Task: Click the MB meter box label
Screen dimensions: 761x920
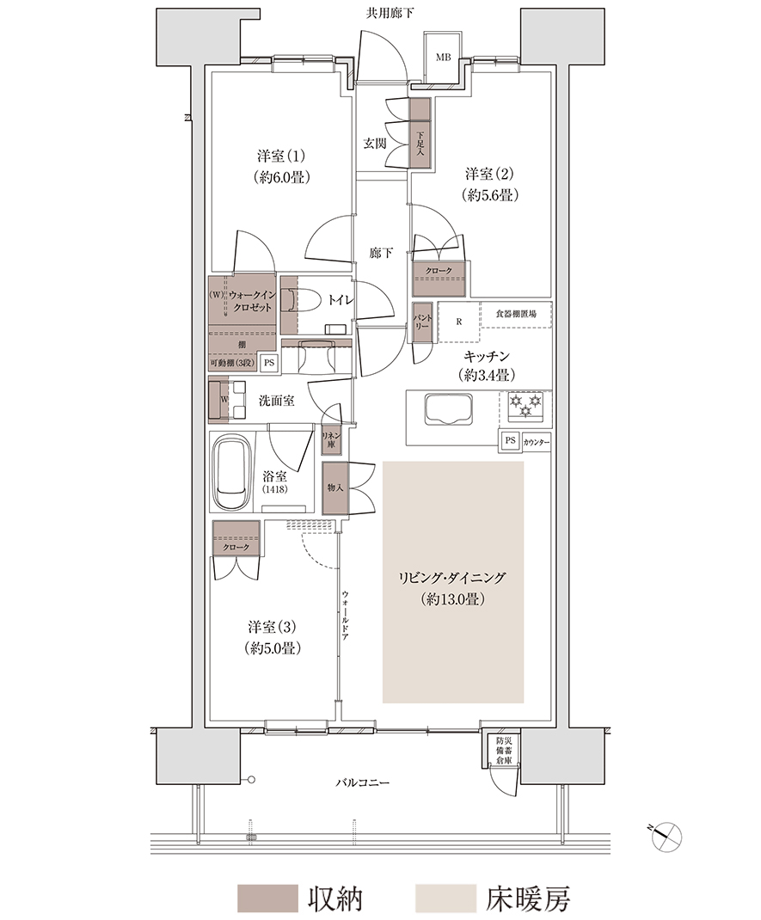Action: point(443,58)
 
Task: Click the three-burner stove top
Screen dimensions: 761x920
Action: point(525,406)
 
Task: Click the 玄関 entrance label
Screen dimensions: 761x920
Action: point(374,144)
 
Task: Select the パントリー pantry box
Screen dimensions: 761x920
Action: point(422,322)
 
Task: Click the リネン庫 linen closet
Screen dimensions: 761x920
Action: point(331,440)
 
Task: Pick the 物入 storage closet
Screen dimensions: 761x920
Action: point(335,488)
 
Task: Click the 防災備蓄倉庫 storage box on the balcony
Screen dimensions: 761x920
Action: point(503,748)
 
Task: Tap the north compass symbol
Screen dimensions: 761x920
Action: point(666,835)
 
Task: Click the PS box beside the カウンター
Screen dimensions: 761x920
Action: point(510,440)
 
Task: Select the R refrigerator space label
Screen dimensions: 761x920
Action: point(459,322)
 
